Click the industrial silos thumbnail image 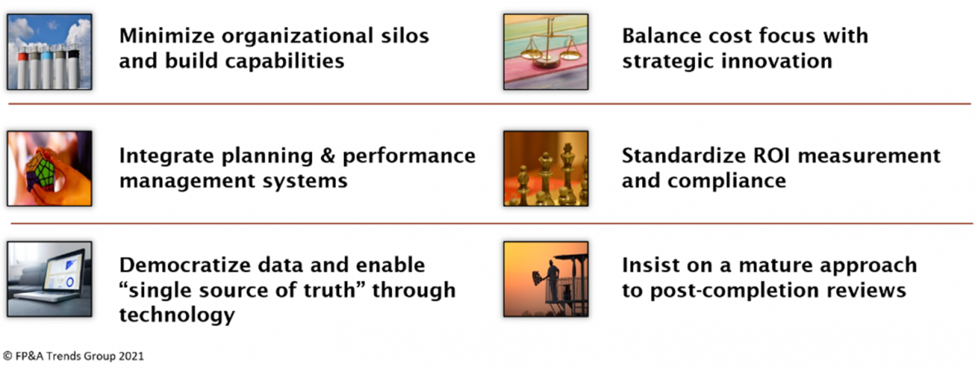[x=50, y=51]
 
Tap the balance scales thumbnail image [x=546, y=51]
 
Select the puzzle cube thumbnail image [x=50, y=168]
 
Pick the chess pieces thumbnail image [x=546, y=168]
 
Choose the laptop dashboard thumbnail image [x=50, y=279]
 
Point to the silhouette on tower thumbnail [x=546, y=279]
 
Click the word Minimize [x=167, y=36]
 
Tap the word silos [x=405, y=36]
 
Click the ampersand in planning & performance [x=327, y=156]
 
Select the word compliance [x=726, y=181]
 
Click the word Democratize [x=185, y=265]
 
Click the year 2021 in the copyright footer [x=131, y=357]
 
